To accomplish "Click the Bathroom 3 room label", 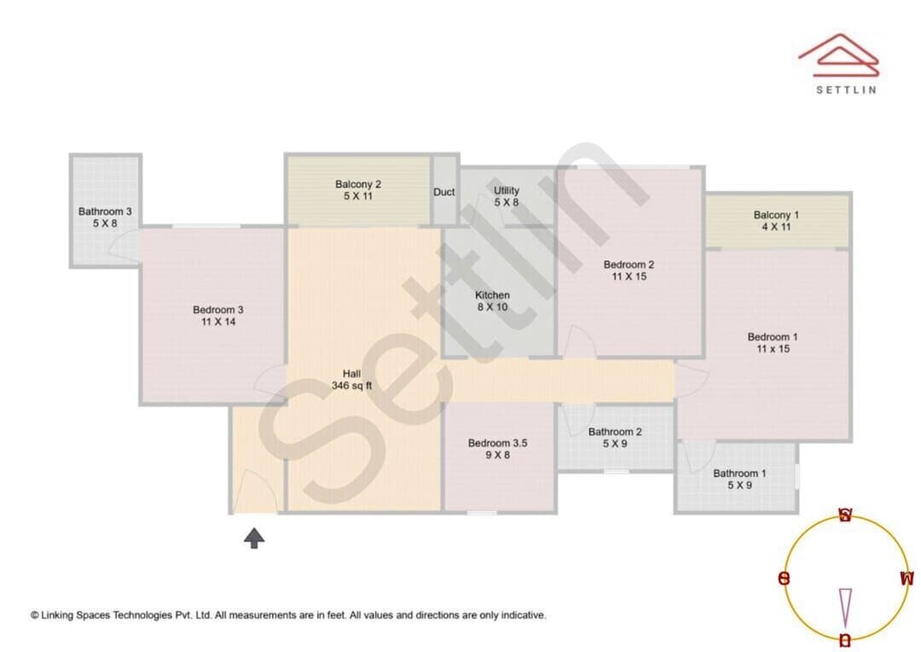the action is click(105, 217).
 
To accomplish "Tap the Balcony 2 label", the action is click(358, 190).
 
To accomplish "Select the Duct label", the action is click(444, 192).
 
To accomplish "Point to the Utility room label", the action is click(507, 196).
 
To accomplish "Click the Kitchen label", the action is click(492, 300).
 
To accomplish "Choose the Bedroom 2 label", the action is click(628, 271).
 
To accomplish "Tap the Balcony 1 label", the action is click(776, 220).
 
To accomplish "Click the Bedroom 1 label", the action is click(773, 343).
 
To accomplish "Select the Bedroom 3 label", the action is click(218, 316).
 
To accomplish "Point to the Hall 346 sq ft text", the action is click(352, 380).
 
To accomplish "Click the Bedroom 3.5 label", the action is click(497, 449).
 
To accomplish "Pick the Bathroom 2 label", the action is click(615, 438).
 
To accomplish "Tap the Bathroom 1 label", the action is click(739, 479).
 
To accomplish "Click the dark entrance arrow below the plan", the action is click(254, 538).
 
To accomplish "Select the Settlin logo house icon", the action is click(839, 55).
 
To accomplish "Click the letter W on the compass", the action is click(907, 579).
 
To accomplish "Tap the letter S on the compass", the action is click(844, 515).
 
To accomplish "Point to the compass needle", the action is click(845, 608).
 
